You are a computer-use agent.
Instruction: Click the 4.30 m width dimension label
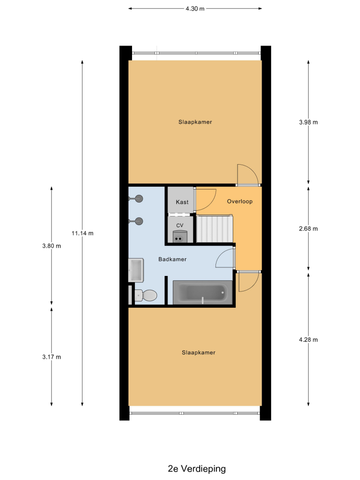195,9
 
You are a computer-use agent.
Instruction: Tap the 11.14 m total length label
83,233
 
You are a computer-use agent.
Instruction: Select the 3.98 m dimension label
308,122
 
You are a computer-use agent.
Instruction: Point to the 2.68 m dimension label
308,228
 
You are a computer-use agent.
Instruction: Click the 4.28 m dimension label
308,339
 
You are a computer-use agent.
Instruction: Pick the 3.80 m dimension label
51,246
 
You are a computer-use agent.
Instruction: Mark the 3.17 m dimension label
51,357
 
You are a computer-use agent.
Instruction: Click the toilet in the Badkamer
146,295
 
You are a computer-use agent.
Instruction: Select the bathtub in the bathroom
203,293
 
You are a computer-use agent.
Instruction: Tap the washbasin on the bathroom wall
136,270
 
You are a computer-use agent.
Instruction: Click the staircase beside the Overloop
214,228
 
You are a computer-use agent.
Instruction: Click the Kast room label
182,202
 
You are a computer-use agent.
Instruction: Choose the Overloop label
240,202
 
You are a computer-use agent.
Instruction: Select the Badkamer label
172,259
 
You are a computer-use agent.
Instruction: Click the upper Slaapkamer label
195,122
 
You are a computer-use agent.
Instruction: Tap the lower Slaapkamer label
199,353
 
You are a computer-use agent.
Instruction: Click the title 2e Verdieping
197,468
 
